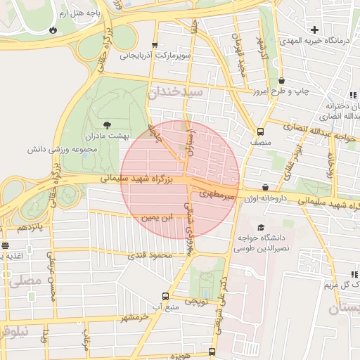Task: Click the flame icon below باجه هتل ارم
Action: [x=53, y=30]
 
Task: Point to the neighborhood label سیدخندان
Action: [x=175, y=92]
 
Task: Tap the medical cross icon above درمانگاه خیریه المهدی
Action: [x=314, y=30]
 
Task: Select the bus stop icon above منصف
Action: [x=261, y=131]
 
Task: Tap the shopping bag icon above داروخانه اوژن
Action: [x=265, y=187]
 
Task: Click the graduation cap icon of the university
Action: [x=262, y=228]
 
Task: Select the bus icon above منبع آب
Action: [x=165, y=296]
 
